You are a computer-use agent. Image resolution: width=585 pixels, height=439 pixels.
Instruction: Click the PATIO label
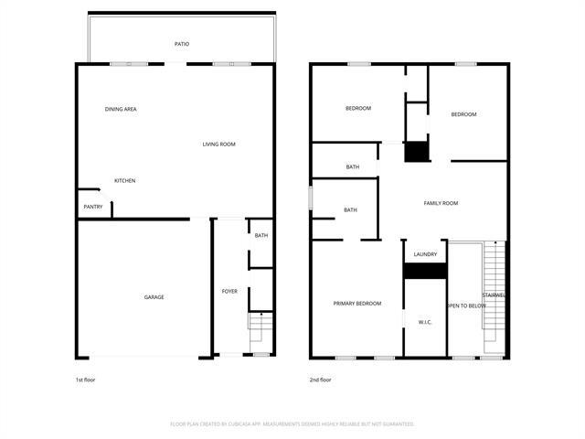point(182,44)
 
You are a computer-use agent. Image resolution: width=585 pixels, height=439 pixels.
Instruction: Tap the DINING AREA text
point(121,110)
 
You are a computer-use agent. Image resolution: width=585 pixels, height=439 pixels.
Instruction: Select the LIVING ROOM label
point(219,145)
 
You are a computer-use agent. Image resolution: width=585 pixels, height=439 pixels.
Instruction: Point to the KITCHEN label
point(125,181)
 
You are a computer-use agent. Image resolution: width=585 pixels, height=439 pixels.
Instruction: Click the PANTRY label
point(93,207)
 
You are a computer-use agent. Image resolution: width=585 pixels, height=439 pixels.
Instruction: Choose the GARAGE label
point(154,297)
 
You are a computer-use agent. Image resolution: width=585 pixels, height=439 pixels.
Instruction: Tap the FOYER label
point(229,292)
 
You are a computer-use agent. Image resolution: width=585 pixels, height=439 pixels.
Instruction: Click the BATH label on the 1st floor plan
point(261,236)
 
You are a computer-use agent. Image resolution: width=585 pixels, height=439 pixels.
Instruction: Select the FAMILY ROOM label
point(441,203)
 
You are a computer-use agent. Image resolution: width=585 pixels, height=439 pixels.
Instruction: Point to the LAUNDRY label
point(425,254)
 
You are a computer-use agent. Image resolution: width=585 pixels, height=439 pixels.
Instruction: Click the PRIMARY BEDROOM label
point(356,304)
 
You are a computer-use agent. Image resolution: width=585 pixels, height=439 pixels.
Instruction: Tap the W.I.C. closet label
point(425,322)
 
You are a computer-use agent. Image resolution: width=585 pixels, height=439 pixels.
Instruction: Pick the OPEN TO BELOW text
point(466,305)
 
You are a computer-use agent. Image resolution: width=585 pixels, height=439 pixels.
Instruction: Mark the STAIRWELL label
point(495,295)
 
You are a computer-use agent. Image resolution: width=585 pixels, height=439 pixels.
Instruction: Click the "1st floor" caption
point(84,379)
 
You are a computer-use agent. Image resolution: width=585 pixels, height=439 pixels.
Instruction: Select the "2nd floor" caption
point(320,379)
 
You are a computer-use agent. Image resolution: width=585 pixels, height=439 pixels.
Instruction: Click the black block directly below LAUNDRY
point(425,271)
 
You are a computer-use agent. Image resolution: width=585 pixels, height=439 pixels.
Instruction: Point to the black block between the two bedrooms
point(417,152)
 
